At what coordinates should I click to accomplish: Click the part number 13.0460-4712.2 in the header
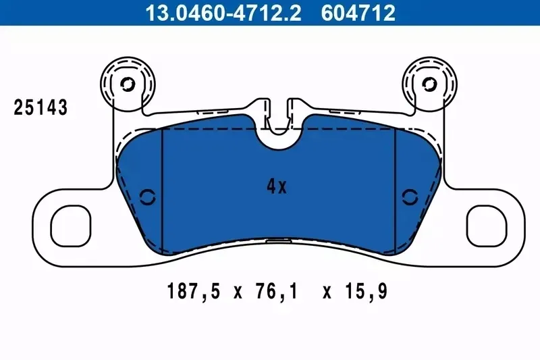point(223,13)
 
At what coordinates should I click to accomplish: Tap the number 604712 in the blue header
point(358,13)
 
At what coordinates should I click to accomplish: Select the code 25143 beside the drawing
point(40,107)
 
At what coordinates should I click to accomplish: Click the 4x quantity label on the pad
point(277,186)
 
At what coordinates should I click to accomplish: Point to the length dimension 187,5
point(193,291)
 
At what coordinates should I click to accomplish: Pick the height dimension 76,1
point(276,291)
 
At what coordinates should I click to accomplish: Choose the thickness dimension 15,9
point(366,291)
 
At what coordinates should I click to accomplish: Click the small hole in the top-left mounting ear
point(128,84)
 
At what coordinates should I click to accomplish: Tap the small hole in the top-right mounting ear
point(429,84)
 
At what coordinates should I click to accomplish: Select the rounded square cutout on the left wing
point(71,226)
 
